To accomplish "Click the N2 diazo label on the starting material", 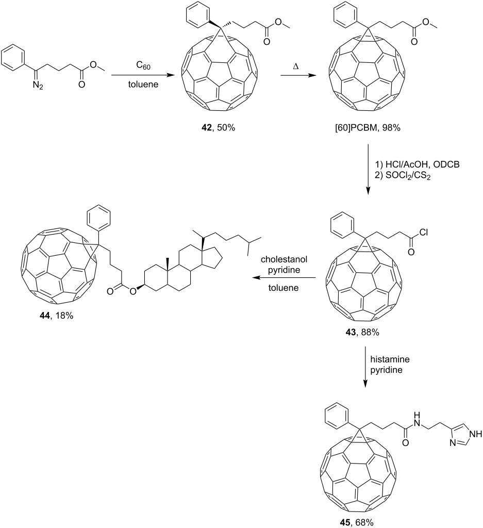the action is pyautogui.click(x=38, y=86).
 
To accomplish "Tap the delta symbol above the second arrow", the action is pyautogui.click(x=296, y=67).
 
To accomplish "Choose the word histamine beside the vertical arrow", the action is pyautogui.click(x=390, y=359).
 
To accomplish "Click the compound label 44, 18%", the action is pyautogui.click(x=56, y=316).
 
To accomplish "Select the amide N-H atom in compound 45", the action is pyautogui.click(x=418, y=418).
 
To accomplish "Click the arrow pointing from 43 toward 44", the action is pyautogui.click(x=285, y=278).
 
